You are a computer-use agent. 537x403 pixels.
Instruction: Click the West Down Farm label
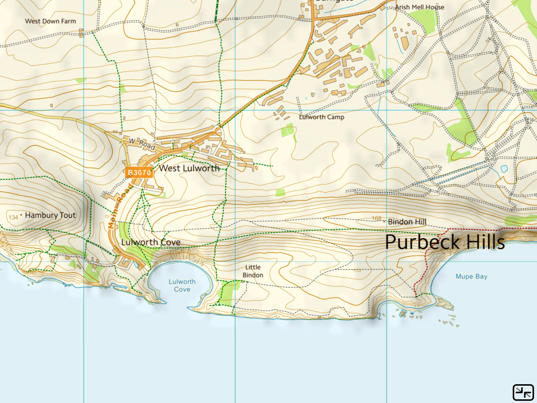point(50,22)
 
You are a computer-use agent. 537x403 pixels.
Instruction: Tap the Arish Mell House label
point(420,7)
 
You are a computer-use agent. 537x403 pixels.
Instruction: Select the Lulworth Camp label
point(321,117)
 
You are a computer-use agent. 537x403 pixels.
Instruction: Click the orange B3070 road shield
point(139,172)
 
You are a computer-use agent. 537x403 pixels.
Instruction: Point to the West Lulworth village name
point(189,168)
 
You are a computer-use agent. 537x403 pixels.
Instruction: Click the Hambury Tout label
point(50,215)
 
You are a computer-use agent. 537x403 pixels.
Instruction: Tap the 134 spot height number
point(13,217)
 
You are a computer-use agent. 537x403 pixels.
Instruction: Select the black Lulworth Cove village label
point(151,242)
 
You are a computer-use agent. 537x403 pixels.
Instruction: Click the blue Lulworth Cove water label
point(182,285)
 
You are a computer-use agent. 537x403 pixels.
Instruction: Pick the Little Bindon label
point(253,271)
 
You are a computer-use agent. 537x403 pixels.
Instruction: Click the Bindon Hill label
point(407,222)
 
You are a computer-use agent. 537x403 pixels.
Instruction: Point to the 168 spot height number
point(376,219)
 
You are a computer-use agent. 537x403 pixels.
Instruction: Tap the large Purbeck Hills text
point(445,242)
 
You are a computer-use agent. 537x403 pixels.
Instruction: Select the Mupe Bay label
point(471,277)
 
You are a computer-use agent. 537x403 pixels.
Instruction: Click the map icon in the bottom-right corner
point(523,391)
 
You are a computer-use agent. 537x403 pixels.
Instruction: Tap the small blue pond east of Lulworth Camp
point(504,169)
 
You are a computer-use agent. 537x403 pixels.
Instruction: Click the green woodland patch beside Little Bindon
point(228,292)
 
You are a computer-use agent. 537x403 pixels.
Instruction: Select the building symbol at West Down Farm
point(81,33)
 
